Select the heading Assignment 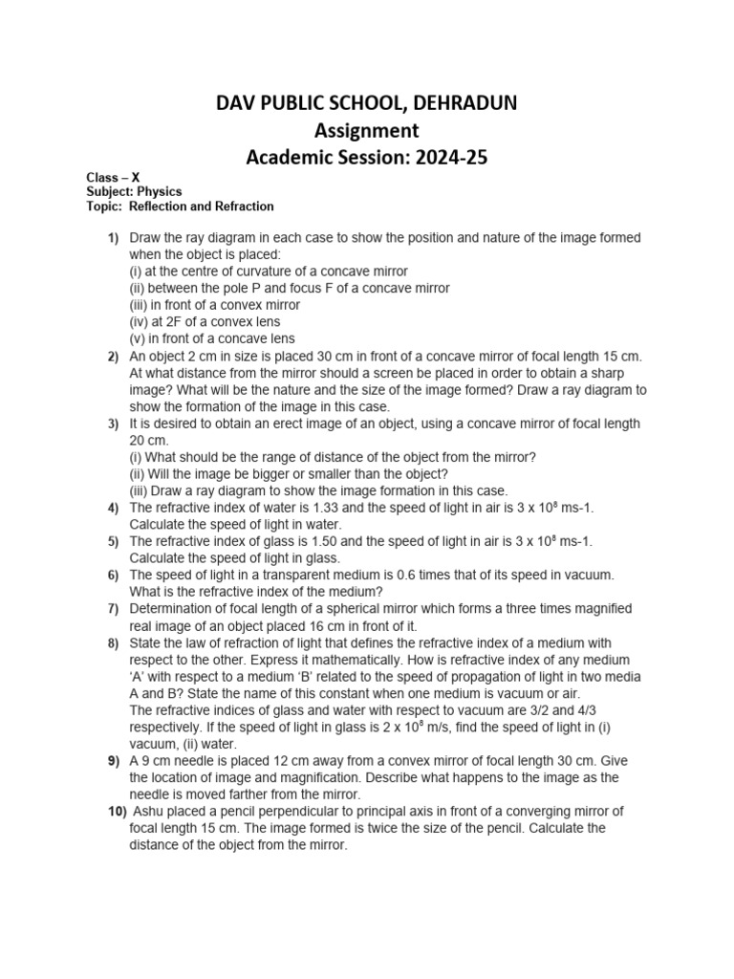tap(367, 130)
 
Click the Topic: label tap(101, 206)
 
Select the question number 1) tap(113, 236)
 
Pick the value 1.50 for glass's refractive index tap(303, 541)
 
